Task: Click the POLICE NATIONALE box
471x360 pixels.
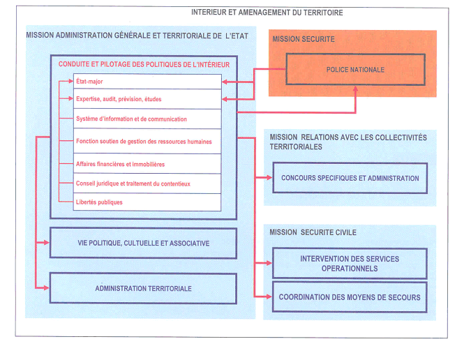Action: [x=355, y=70]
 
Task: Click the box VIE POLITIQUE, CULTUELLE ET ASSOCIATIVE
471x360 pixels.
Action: [x=144, y=243]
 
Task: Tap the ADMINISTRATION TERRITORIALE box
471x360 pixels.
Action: [x=144, y=288]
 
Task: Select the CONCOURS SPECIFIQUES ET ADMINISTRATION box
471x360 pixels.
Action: [x=350, y=178]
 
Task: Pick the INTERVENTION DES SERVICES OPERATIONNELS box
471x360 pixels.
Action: [x=350, y=263]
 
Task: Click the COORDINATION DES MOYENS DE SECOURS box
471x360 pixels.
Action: [x=350, y=297]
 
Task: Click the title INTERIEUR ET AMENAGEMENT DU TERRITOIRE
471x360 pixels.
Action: [x=267, y=13]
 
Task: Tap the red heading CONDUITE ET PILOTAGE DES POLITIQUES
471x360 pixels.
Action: [x=144, y=65]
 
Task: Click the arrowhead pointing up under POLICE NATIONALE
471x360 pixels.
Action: [x=356, y=89]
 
